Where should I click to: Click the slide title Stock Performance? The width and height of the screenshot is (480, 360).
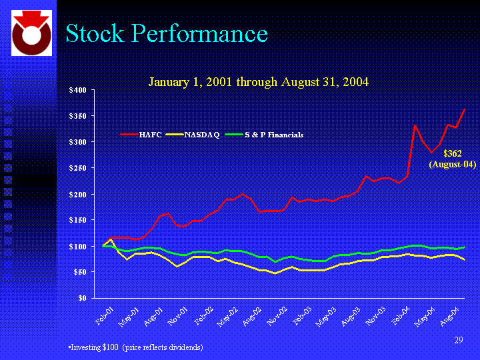tap(166, 34)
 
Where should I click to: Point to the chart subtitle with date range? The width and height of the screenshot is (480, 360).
tap(258, 82)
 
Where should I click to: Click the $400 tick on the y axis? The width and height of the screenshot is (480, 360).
tap(79, 90)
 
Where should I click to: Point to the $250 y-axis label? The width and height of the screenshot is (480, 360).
tap(79, 168)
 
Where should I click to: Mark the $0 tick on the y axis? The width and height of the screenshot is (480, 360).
tap(83, 298)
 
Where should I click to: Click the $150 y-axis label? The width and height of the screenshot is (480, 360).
tap(79, 220)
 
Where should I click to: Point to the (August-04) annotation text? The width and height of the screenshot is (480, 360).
tap(452, 163)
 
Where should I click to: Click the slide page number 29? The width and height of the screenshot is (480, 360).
tap(458, 341)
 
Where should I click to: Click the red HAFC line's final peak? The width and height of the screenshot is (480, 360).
tap(464, 109)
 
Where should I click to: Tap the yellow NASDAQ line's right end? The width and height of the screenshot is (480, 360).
tap(464, 259)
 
